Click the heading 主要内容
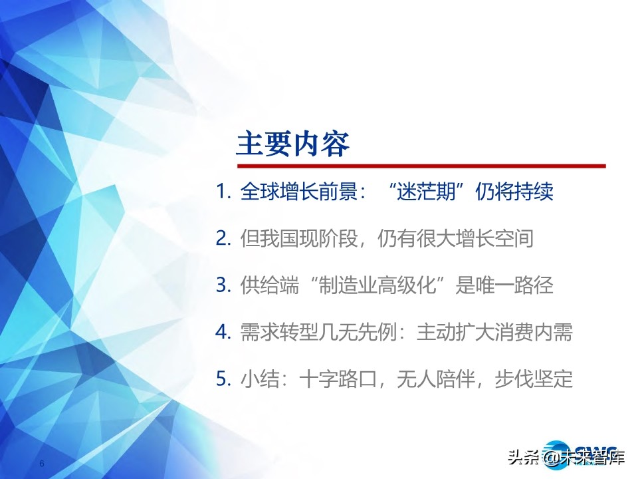293,144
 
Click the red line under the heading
421,166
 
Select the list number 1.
223,191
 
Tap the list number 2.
223,238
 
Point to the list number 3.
223,285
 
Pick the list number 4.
223,333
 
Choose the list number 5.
223,379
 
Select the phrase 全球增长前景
299,191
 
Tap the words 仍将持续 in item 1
514,191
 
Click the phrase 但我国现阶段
299,238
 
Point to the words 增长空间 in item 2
494,238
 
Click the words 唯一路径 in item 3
514,285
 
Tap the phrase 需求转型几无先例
318,333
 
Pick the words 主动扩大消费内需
494,333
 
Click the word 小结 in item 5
260,379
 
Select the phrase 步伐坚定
534,379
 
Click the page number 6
41,464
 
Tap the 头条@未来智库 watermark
566,457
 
